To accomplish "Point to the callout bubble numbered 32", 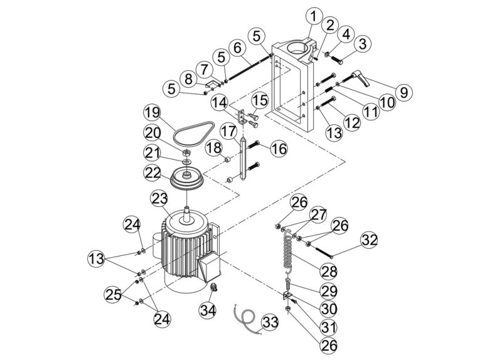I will pyautogui.click(x=370, y=240).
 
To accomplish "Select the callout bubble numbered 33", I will pyautogui.click(x=270, y=322).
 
